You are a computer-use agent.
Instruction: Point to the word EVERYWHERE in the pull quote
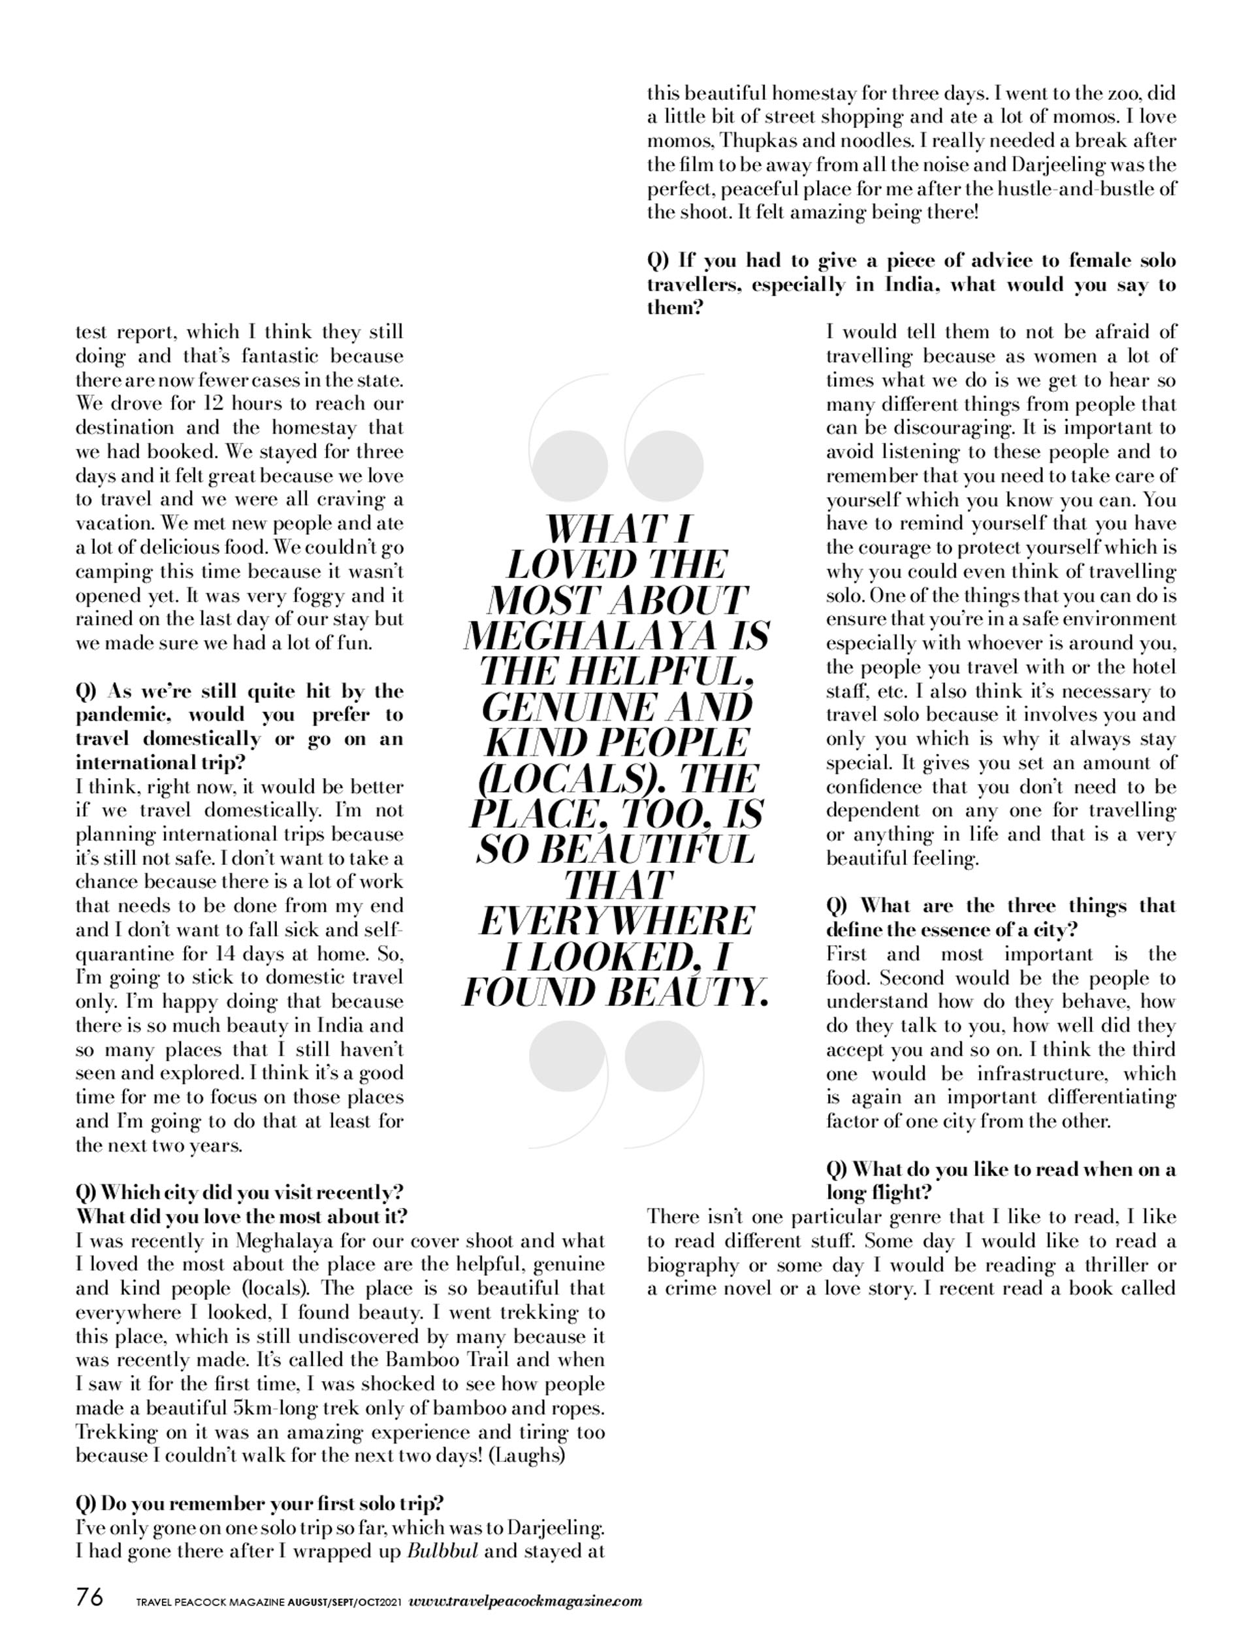point(617,921)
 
